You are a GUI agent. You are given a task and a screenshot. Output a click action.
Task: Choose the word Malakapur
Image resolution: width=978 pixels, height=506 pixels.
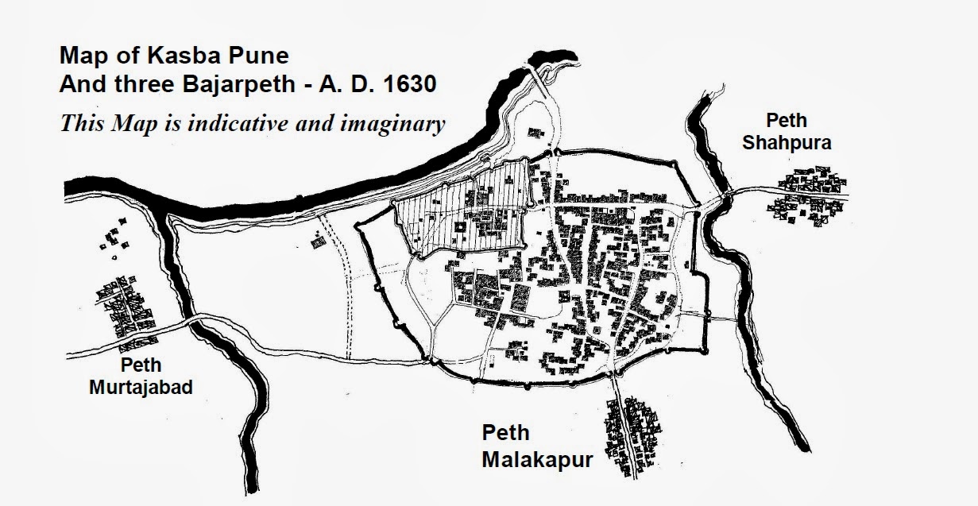tap(538, 459)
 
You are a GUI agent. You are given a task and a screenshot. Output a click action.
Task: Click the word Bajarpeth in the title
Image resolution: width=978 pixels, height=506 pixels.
tap(211, 84)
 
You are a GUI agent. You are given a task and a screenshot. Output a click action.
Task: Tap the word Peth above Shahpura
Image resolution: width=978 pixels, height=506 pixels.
tap(786, 121)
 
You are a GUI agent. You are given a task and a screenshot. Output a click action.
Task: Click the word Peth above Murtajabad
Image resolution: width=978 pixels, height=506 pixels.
tap(141, 365)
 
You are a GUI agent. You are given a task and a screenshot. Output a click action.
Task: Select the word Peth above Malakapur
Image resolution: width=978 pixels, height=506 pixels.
tap(505, 434)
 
